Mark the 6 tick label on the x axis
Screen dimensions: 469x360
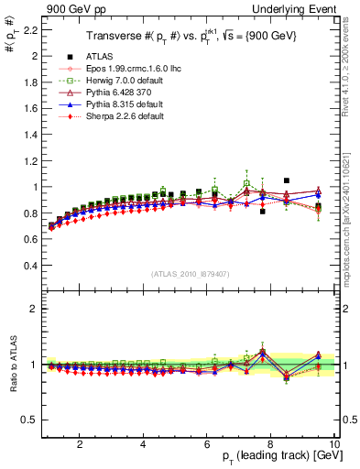(207, 444)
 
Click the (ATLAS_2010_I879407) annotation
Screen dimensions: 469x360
(190, 274)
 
